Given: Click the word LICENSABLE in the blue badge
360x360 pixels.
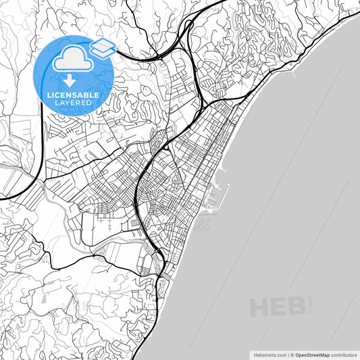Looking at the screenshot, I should (x=72, y=95).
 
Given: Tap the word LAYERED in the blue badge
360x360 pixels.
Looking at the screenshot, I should (x=72, y=103).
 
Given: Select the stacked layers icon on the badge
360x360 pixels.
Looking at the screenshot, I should (x=102, y=47).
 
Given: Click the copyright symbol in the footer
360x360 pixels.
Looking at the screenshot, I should (x=291, y=354).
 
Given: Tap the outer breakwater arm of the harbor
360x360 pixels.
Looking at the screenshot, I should (x=226, y=196).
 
